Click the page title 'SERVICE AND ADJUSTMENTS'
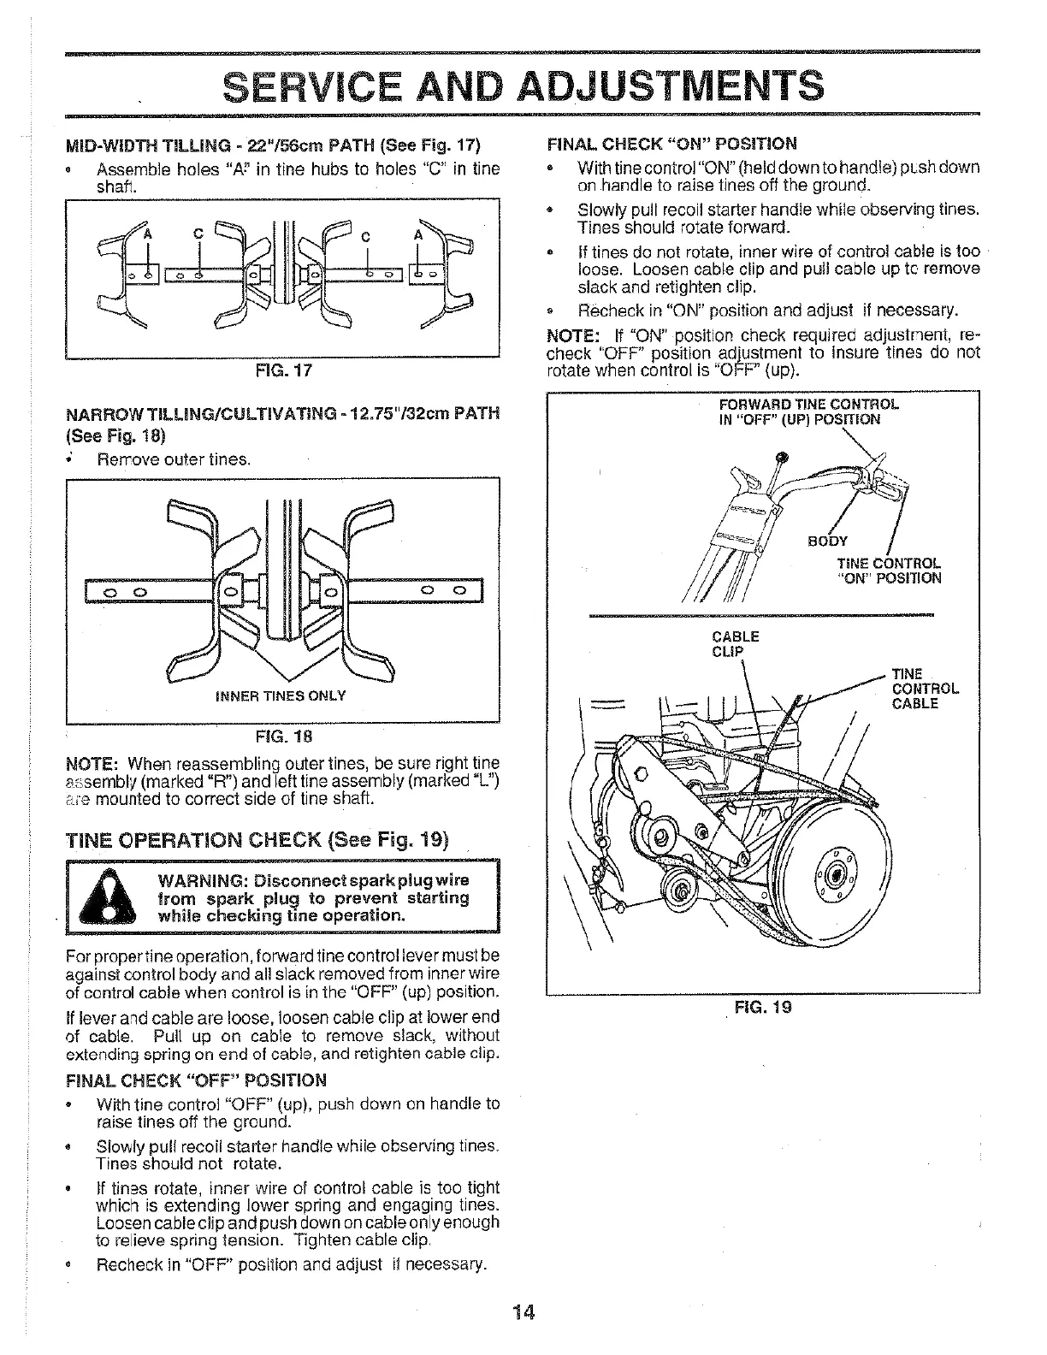pyautogui.click(x=523, y=86)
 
